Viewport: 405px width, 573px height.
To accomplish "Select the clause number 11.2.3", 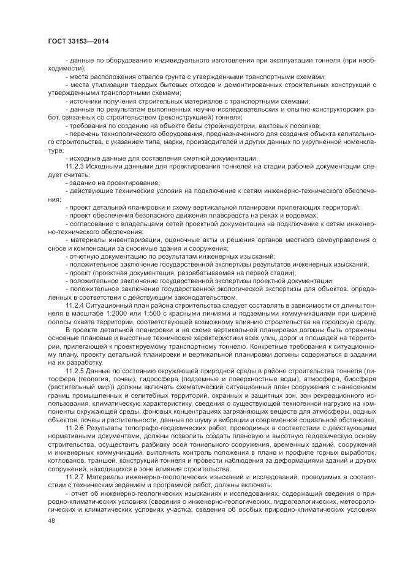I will pyautogui.click(x=76, y=166).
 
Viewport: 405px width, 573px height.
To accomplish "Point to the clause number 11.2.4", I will pyautogui.click(x=76, y=305).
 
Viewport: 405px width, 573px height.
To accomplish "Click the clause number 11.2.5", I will pyautogui.click(x=76, y=371).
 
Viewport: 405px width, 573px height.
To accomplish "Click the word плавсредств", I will pyautogui.click(x=230, y=215).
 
